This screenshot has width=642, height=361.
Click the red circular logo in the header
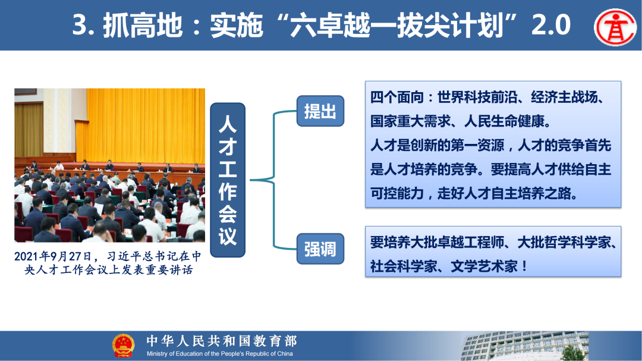(x=615, y=26)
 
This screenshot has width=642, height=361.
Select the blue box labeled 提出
(x=320, y=111)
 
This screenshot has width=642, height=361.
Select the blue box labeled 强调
(x=320, y=249)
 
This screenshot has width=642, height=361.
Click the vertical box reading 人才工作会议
(x=228, y=180)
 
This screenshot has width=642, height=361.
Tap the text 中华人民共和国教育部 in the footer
(x=222, y=341)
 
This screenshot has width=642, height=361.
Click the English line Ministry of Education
(x=220, y=354)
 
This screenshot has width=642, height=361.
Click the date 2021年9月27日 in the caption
(x=53, y=257)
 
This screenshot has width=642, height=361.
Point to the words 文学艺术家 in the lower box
(x=480, y=266)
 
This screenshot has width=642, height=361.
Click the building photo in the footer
(x=523, y=346)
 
